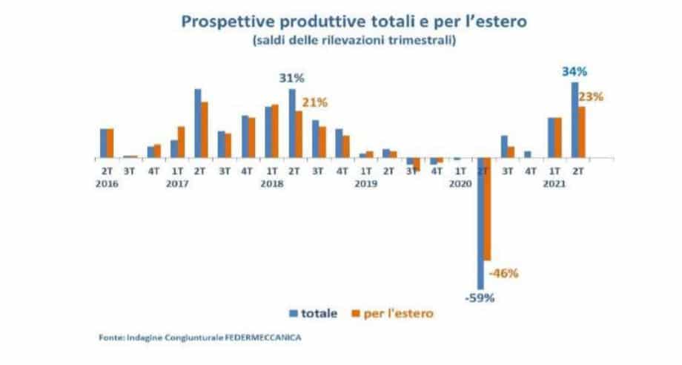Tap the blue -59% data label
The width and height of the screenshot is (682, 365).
(x=480, y=299)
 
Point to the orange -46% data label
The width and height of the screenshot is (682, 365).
(x=504, y=272)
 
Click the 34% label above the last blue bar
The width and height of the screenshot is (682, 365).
(x=575, y=72)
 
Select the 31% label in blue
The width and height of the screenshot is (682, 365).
(x=291, y=78)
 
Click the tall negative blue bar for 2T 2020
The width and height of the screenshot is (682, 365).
(x=480, y=223)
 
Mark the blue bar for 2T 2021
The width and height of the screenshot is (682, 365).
(x=575, y=119)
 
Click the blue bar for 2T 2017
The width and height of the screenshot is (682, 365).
(x=198, y=123)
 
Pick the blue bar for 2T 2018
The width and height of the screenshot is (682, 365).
(x=292, y=123)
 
